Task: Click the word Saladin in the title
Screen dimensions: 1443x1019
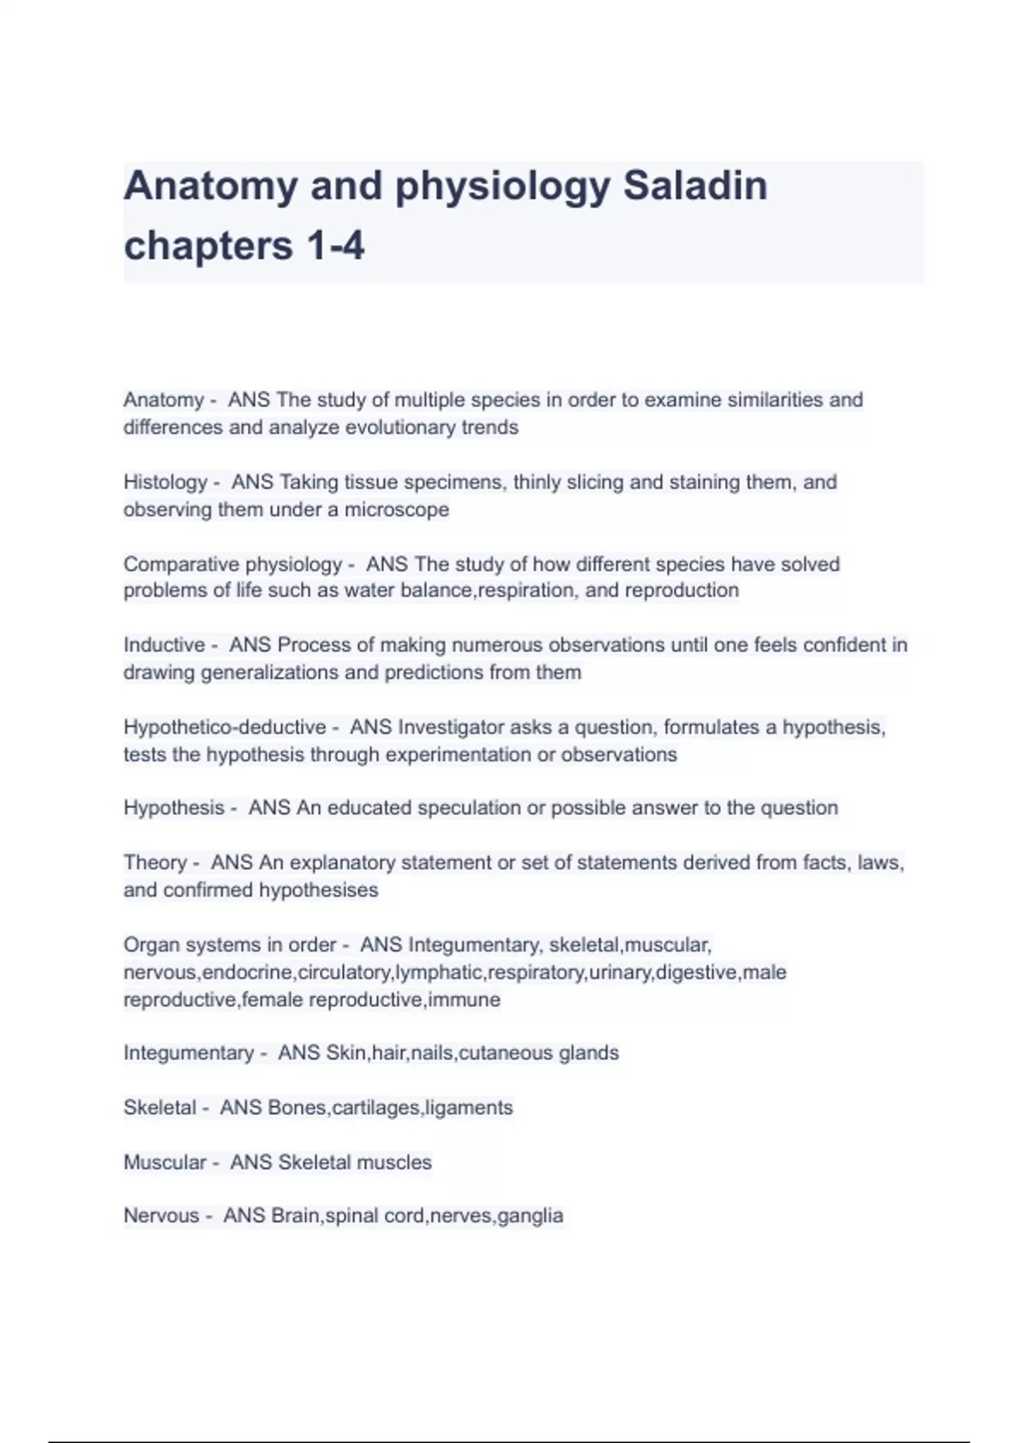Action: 695,186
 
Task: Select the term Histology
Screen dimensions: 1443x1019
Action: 165,482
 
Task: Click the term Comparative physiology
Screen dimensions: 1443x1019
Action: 232,564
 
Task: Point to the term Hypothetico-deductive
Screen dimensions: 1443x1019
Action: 224,727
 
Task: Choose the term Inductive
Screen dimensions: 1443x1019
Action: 164,645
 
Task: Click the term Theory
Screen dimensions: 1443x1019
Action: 155,863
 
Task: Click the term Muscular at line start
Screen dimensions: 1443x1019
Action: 164,1163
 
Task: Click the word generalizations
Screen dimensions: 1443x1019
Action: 245,673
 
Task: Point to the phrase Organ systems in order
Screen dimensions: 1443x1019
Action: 229,946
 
